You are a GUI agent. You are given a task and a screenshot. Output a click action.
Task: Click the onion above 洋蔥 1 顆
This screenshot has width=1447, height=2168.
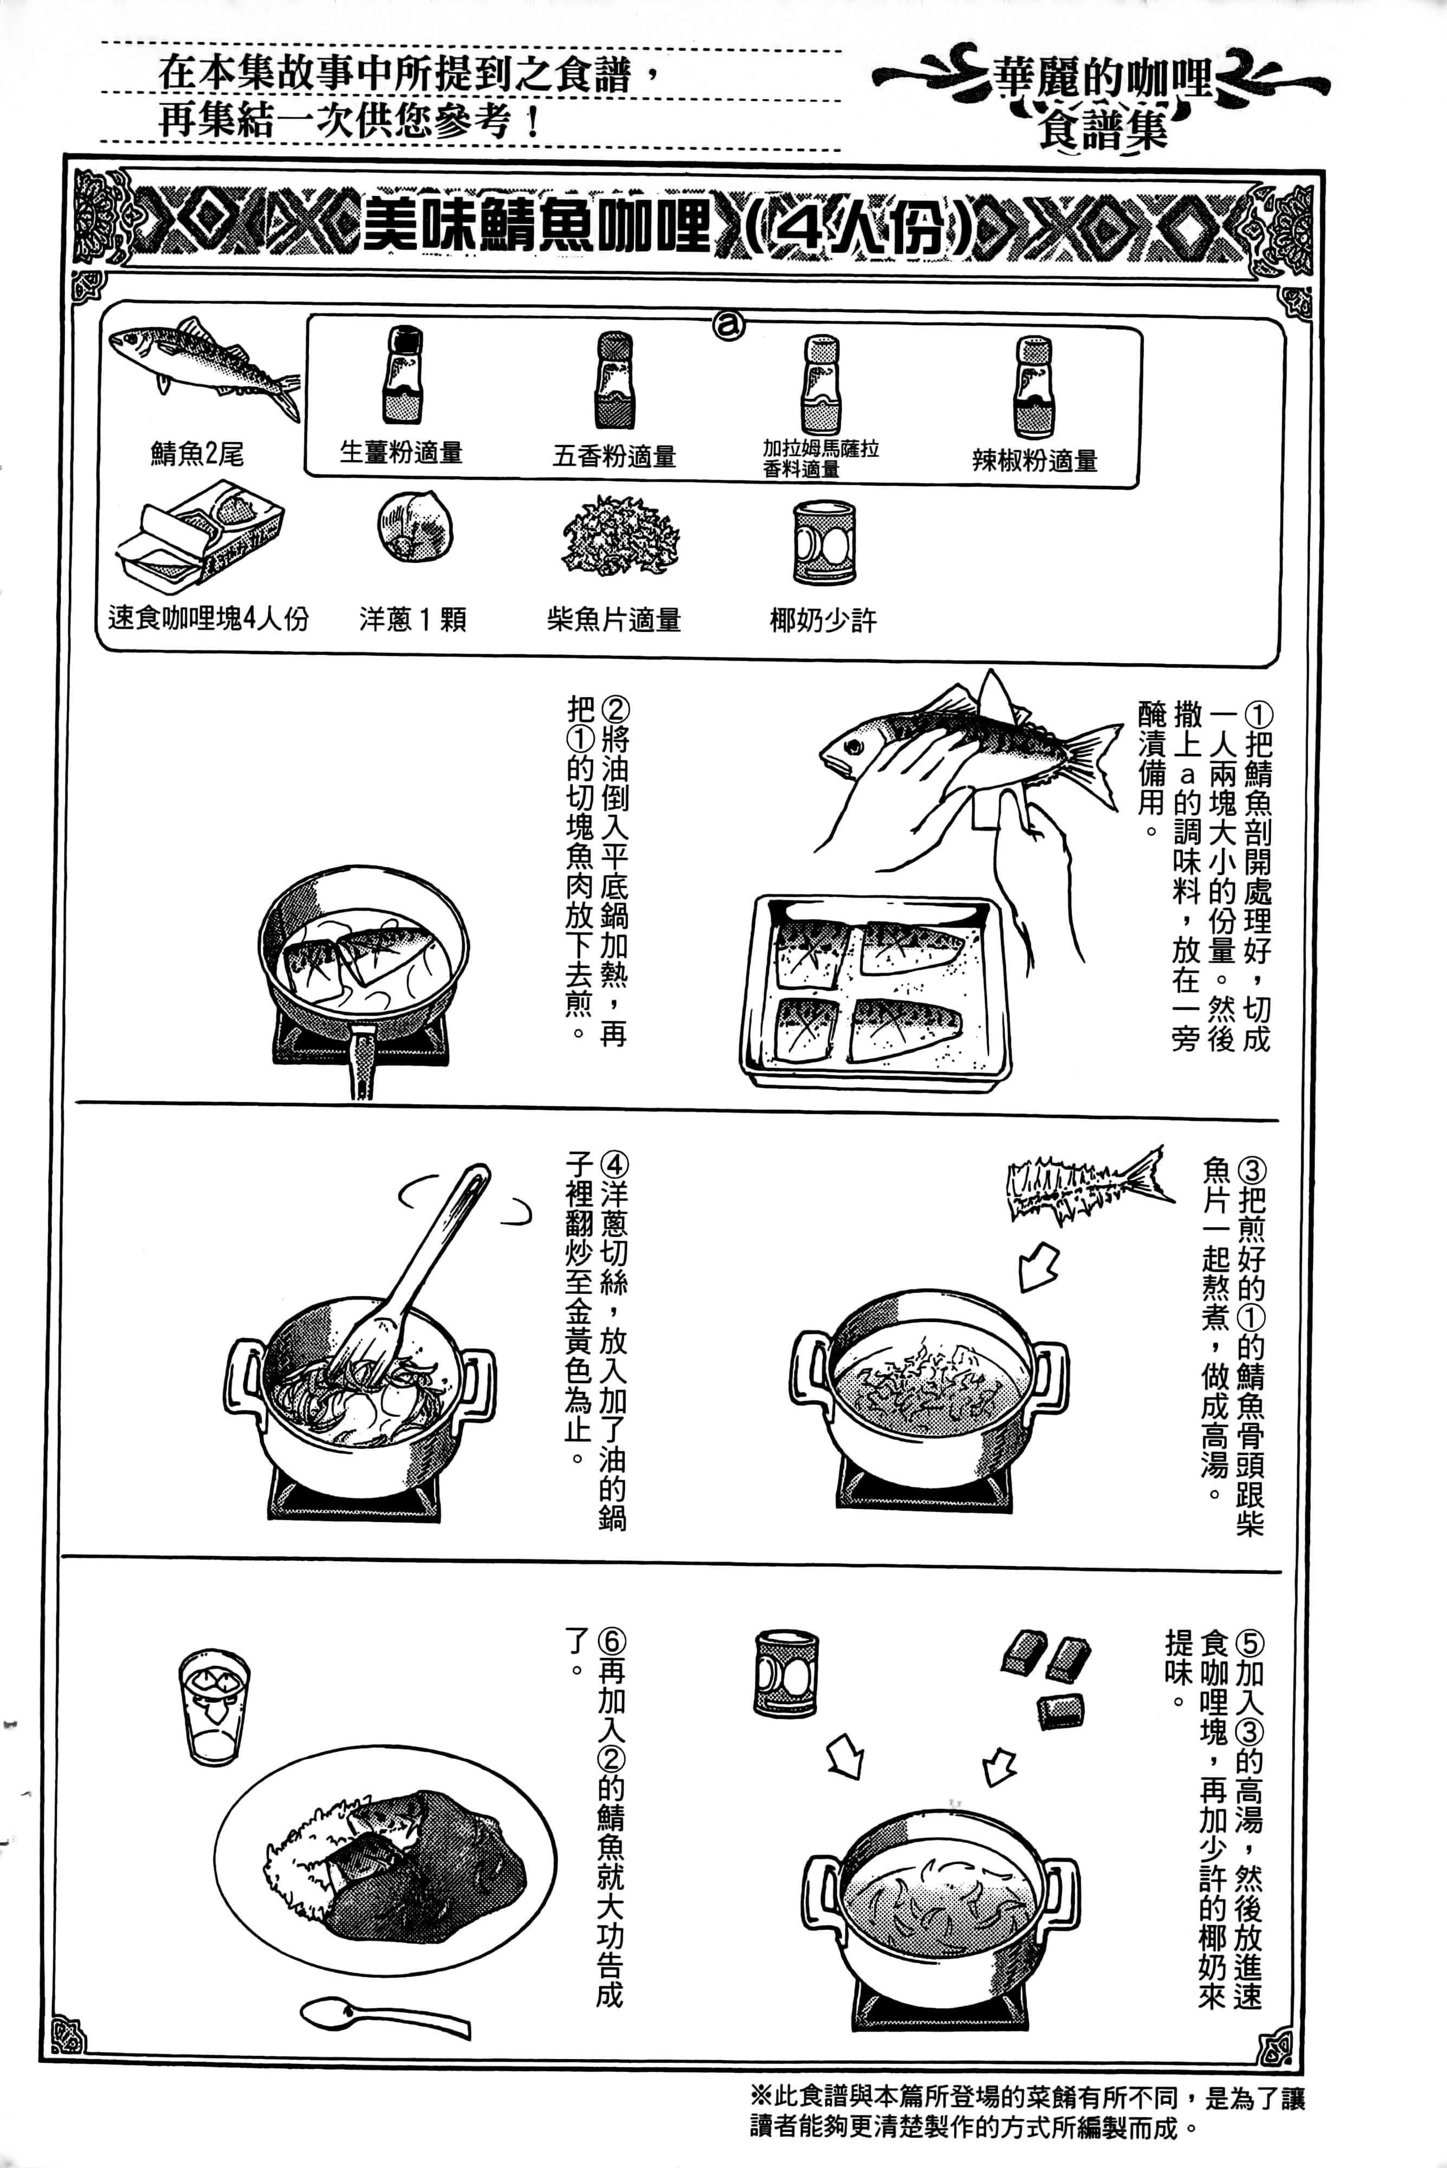tap(415, 526)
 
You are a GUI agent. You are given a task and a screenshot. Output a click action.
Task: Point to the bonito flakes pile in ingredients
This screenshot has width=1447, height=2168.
tap(620, 536)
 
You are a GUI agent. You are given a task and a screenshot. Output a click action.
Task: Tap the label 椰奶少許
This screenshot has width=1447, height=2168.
tap(823, 620)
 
